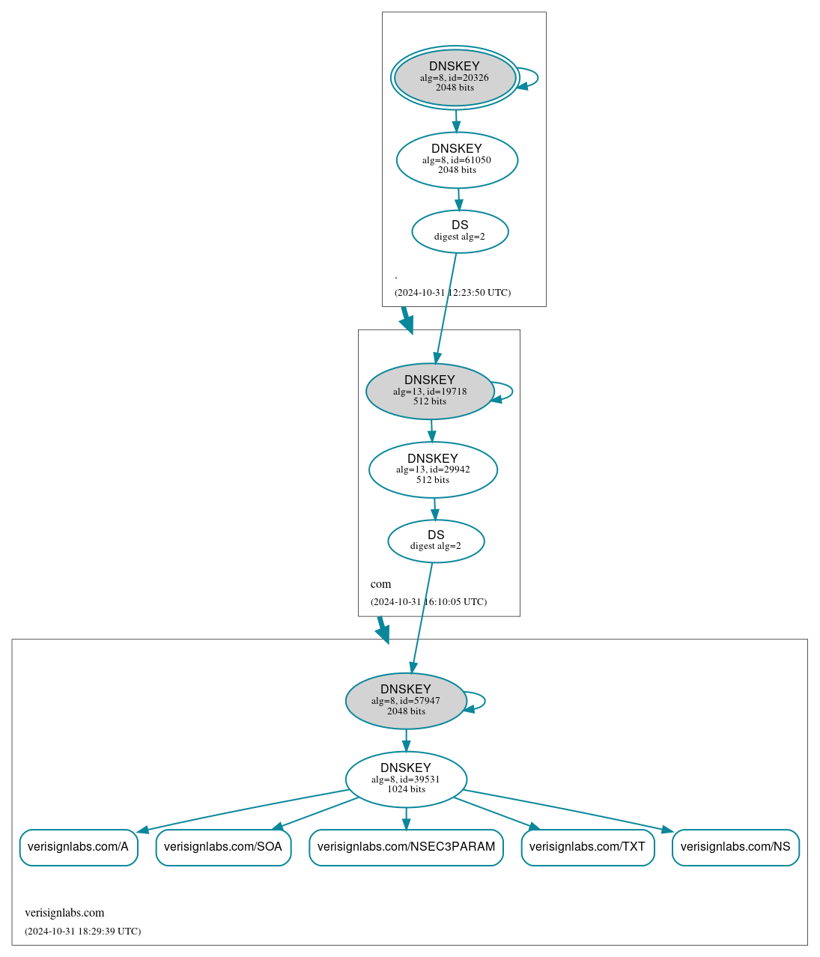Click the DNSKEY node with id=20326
point(455,77)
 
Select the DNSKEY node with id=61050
point(457,159)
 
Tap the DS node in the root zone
point(460,231)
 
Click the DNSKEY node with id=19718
point(430,391)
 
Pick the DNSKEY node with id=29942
point(433,470)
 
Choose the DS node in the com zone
point(436,541)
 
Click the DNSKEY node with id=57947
point(406,701)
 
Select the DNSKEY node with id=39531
point(406,779)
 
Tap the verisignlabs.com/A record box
point(79,847)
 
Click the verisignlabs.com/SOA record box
point(223,847)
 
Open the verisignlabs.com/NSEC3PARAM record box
point(406,847)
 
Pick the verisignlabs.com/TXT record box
point(588,847)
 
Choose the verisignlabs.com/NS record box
point(735,847)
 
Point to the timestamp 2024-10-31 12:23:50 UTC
point(452,293)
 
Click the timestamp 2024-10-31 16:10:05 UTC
point(428,602)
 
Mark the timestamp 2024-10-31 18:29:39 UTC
point(82,932)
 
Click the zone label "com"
point(380,584)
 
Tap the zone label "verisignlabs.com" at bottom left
point(64,913)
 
